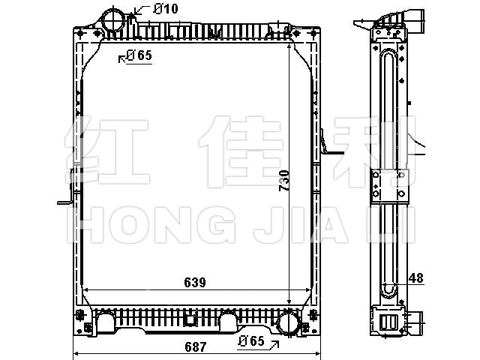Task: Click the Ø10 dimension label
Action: [166, 8]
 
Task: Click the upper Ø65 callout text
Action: [139, 55]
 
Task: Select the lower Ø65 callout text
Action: [252, 340]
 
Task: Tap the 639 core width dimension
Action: [195, 282]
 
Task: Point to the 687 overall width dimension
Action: [195, 346]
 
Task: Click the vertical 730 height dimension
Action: [284, 181]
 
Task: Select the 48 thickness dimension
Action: [416, 278]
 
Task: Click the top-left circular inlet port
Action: [113, 20]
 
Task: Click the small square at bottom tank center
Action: [190, 320]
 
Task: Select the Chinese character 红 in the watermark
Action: [107, 151]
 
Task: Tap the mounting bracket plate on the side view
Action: [390, 186]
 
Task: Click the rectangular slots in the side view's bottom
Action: [388, 322]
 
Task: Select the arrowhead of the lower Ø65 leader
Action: [276, 343]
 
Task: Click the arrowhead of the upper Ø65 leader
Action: [121, 58]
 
